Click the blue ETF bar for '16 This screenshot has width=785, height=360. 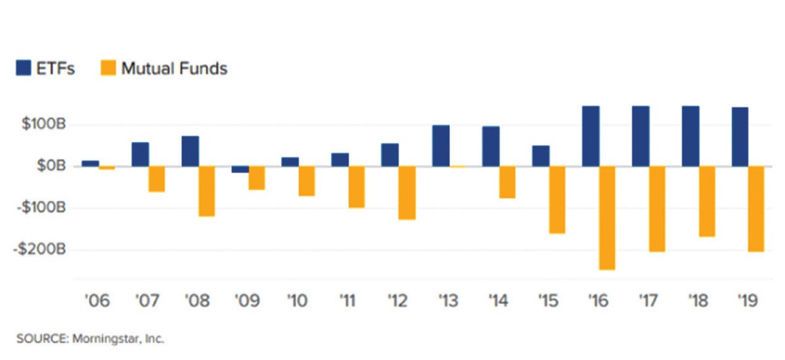pos(591,136)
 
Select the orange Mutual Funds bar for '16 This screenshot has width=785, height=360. pos(607,217)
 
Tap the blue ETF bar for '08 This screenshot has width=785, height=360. pos(190,151)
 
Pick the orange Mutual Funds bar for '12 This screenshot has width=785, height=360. pos(406,192)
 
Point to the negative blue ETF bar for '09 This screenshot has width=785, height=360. pos(240,170)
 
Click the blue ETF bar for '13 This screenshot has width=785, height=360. pos(441,145)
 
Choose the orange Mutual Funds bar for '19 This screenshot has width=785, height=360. pos(757,209)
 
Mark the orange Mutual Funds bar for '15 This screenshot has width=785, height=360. pos(557,200)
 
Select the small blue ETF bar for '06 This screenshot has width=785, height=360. pos(90,163)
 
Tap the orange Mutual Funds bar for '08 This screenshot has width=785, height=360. pos(207,191)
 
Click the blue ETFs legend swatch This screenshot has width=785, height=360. pos(24,68)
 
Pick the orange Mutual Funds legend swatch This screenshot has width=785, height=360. pos(108,68)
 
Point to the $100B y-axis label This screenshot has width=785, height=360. pos(44,124)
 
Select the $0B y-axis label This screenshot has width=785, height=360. pos(50,166)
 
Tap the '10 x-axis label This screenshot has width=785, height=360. pos(298,302)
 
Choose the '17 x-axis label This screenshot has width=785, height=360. pos(647,302)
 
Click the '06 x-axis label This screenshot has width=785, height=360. pos(97,302)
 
